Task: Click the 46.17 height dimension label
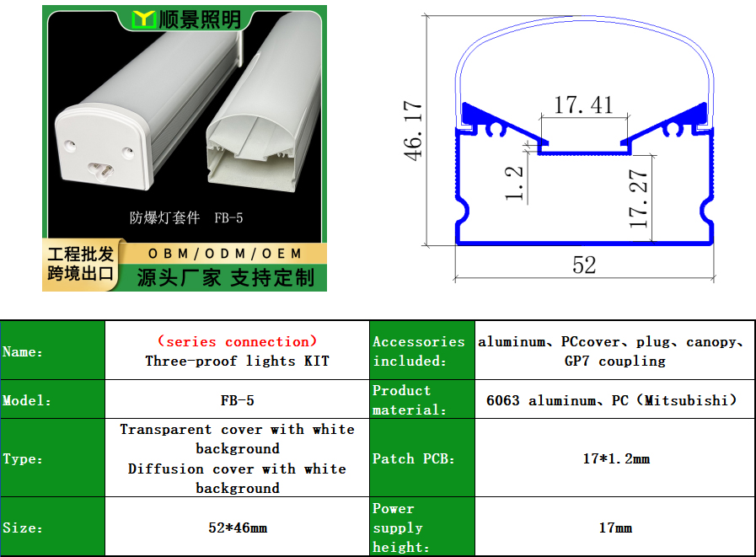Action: (413, 131)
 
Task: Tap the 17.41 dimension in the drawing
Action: (583, 105)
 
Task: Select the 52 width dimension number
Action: (584, 265)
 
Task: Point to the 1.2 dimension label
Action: (514, 183)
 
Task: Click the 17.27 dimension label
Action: (638, 198)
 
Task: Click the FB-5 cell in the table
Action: (237, 400)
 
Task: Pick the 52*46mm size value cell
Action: (238, 528)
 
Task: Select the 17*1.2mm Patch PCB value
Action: (616, 458)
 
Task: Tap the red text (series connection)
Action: (237, 341)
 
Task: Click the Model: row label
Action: (27, 400)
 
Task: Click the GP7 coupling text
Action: (615, 362)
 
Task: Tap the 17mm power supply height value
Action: (616, 528)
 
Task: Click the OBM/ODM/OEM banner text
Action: (225, 253)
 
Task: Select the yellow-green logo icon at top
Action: (143, 19)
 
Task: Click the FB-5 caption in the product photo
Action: (228, 218)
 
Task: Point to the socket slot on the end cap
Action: (101, 169)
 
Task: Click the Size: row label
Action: (23, 528)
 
